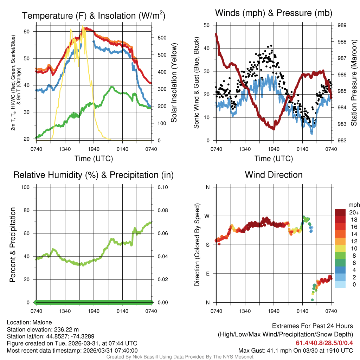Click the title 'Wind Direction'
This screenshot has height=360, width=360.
click(274, 175)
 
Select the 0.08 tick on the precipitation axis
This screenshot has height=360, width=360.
click(162, 210)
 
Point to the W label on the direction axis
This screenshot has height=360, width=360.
click(207, 216)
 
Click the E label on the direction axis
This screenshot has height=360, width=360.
click(208, 274)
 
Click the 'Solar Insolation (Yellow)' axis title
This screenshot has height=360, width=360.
click(174, 83)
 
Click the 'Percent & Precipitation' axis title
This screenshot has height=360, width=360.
click(13, 245)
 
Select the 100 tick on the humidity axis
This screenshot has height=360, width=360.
click(28, 187)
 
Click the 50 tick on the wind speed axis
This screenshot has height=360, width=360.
click(207, 25)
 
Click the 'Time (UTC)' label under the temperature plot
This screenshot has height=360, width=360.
click(94, 159)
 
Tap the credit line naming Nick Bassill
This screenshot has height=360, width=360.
click(180, 357)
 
